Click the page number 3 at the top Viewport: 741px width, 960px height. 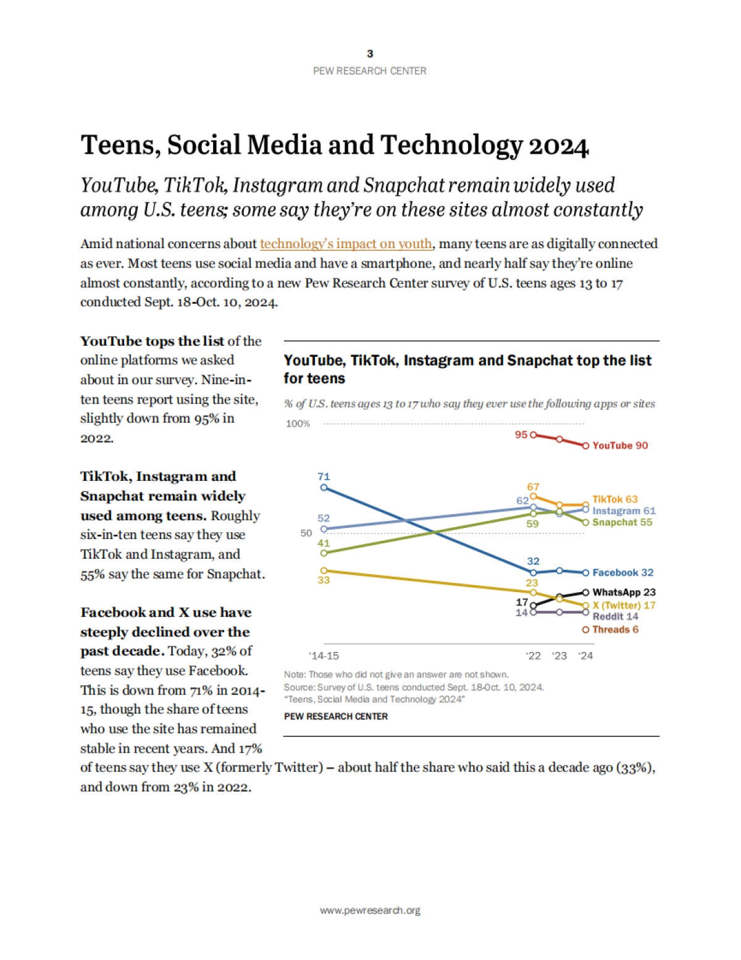tap(370, 54)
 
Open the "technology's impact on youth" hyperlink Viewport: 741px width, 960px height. tap(346, 244)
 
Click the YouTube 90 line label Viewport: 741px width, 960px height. tap(620, 446)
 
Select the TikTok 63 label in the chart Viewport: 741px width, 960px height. tap(615, 499)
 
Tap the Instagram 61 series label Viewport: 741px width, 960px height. tap(624, 511)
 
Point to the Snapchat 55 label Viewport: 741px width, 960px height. tap(622, 522)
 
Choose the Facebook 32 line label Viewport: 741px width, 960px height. tap(622, 573)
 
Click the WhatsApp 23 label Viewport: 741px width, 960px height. tap(624, 592)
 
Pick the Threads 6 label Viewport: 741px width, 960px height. tap(615, 630)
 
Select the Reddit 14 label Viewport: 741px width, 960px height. tap(615, 616)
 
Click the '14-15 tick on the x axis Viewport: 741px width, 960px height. tap(324, 656)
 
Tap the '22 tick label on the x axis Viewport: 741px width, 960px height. tap(533, 656)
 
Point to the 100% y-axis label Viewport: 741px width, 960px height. tap(298, 424)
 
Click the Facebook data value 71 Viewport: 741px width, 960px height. tap(324, 477)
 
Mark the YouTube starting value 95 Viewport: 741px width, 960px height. tap(521, 435)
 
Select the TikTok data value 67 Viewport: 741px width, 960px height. tap(533, 487)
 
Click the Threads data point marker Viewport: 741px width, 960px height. tap(585, 630)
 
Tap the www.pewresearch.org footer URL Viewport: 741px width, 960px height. tap(370, 911)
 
